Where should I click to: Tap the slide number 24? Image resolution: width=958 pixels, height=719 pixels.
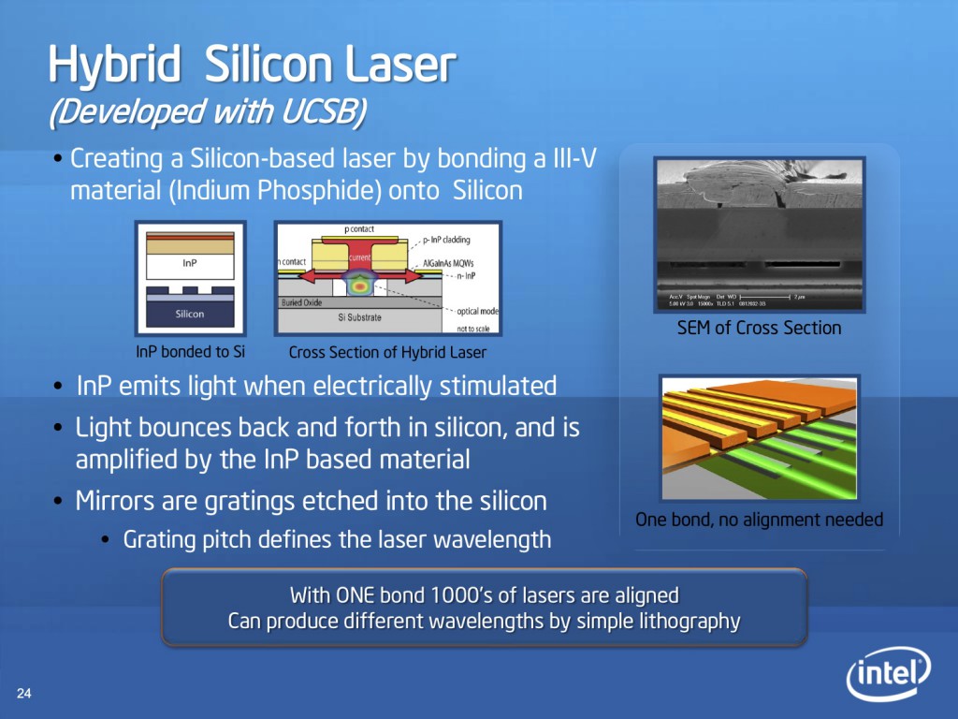[x=24, y=694]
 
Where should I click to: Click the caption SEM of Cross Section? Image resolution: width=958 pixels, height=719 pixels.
[x=759, y=328]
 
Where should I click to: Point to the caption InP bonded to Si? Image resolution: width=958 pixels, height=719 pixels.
[x=191, y=352]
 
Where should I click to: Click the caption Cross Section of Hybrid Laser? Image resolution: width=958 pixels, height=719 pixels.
[x=387, y=352]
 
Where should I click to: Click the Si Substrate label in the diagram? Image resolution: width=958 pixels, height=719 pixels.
[x=360, y=318]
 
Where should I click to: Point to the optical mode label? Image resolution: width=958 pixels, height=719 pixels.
[x=477, y=311]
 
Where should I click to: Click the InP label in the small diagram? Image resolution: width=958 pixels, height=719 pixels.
[x=190, y=263]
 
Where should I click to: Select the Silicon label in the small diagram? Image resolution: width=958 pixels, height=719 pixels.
[x=190, y=314]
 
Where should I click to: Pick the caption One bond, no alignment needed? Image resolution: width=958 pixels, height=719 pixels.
[x=759, y=520]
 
